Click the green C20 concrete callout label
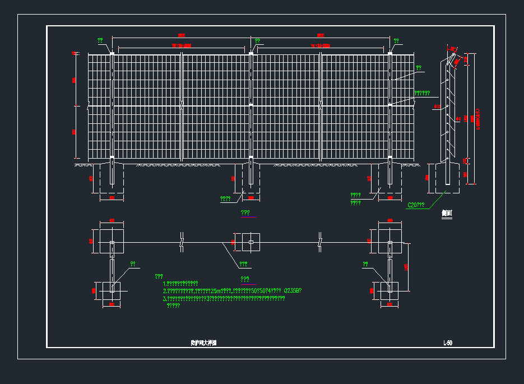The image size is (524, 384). (415, 205)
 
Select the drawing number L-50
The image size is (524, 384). (447, 343)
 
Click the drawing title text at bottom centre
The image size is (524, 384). (203, 343)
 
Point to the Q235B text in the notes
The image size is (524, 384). (293, 290)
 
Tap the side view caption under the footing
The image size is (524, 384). (446, 213)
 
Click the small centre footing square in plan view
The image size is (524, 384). (251, 242)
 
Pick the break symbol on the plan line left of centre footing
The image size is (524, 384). (181, 242)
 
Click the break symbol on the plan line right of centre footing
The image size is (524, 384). (320, 242)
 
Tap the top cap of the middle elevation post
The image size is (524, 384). (251, 53)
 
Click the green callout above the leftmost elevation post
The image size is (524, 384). (100, 40)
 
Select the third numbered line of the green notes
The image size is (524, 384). (224, 298)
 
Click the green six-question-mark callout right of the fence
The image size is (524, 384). (422, 93)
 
